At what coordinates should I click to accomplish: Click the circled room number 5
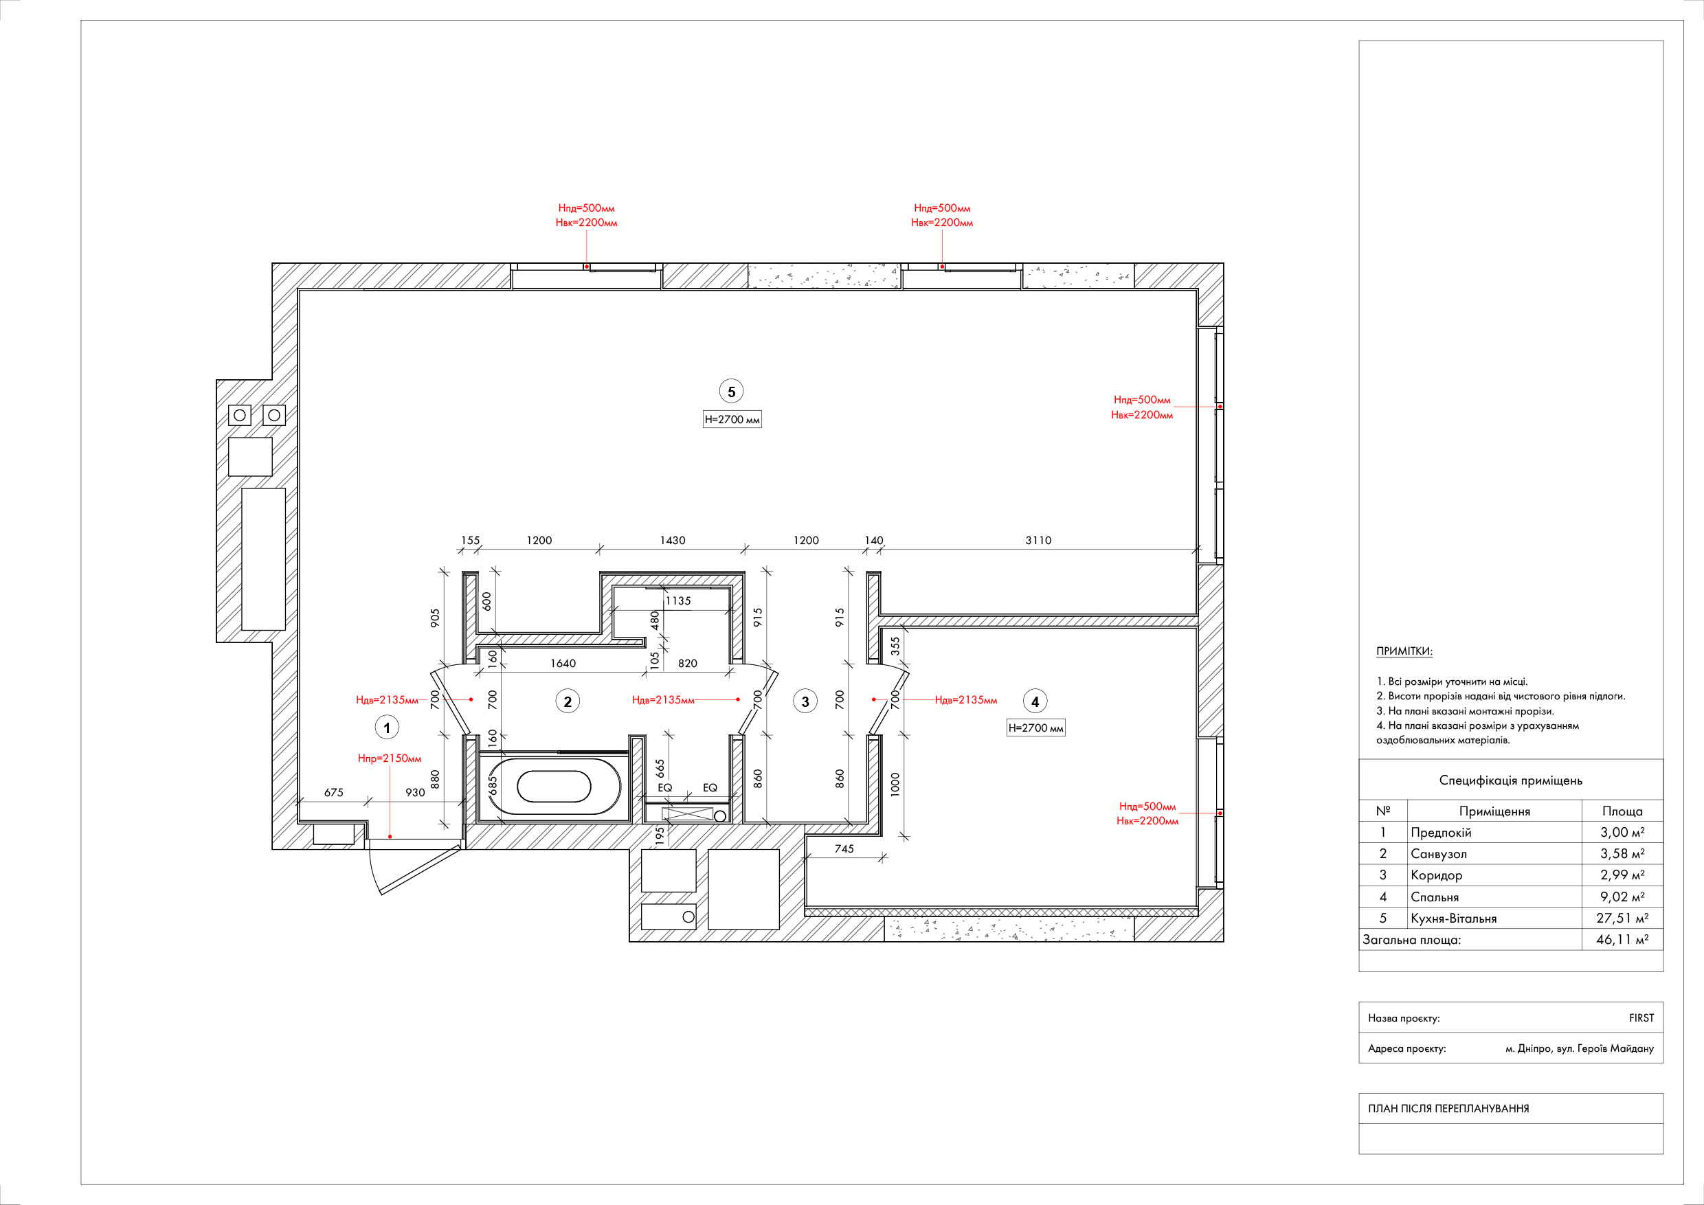(731, 391)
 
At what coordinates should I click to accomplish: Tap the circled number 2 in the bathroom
(568, 701)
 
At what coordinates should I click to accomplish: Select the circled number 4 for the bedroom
(1035, 701)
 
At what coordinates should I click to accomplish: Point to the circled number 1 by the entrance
(387, 727)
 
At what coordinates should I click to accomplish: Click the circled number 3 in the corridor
(805, 701)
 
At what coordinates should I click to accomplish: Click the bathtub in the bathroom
(554, 787)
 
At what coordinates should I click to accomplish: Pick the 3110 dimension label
(1038, 540)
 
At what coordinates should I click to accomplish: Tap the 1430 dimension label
(673, 540)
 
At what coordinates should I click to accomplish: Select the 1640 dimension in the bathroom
(563, 664)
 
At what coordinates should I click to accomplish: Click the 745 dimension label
(844, 849)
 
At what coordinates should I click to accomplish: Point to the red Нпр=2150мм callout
(390, 758)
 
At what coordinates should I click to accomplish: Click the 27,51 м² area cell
(1622, 918)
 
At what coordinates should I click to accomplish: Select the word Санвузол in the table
(1438, 854)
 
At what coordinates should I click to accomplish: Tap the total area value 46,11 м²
(1622, 939)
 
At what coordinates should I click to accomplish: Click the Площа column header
(1622, 811)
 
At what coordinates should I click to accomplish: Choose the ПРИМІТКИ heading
(1404, 651)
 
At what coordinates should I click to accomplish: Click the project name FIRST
(1641, 1018)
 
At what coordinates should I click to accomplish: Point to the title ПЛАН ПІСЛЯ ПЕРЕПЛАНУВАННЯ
(1448, 1109)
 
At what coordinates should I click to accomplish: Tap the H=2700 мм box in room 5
(732, 419)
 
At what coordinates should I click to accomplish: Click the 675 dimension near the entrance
(333, 792)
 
